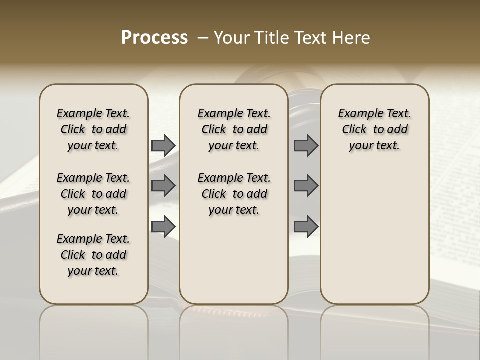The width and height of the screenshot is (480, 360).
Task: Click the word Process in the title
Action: coord(154,38)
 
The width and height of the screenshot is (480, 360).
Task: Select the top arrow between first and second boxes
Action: coord(163,145)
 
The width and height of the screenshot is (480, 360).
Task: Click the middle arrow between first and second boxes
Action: coord(163,186)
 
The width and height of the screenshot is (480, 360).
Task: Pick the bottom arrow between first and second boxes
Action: coord(163,226)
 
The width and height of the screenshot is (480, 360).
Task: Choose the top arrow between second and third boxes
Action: coord(306,145)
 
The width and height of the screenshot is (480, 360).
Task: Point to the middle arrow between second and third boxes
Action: coord(306,186)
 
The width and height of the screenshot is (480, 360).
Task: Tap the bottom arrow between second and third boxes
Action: coord(306,226)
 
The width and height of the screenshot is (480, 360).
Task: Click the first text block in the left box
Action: coord(93,129)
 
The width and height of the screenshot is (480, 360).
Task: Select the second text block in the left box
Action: coord(93,194)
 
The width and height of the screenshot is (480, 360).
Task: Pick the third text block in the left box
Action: coord(93,255)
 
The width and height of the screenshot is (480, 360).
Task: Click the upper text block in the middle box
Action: coord(234,129)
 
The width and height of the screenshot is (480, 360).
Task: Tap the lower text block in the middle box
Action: coord(234,194)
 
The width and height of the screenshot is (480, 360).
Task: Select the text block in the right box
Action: coord(374,129)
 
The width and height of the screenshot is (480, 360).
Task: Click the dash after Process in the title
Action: coord(203,38)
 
